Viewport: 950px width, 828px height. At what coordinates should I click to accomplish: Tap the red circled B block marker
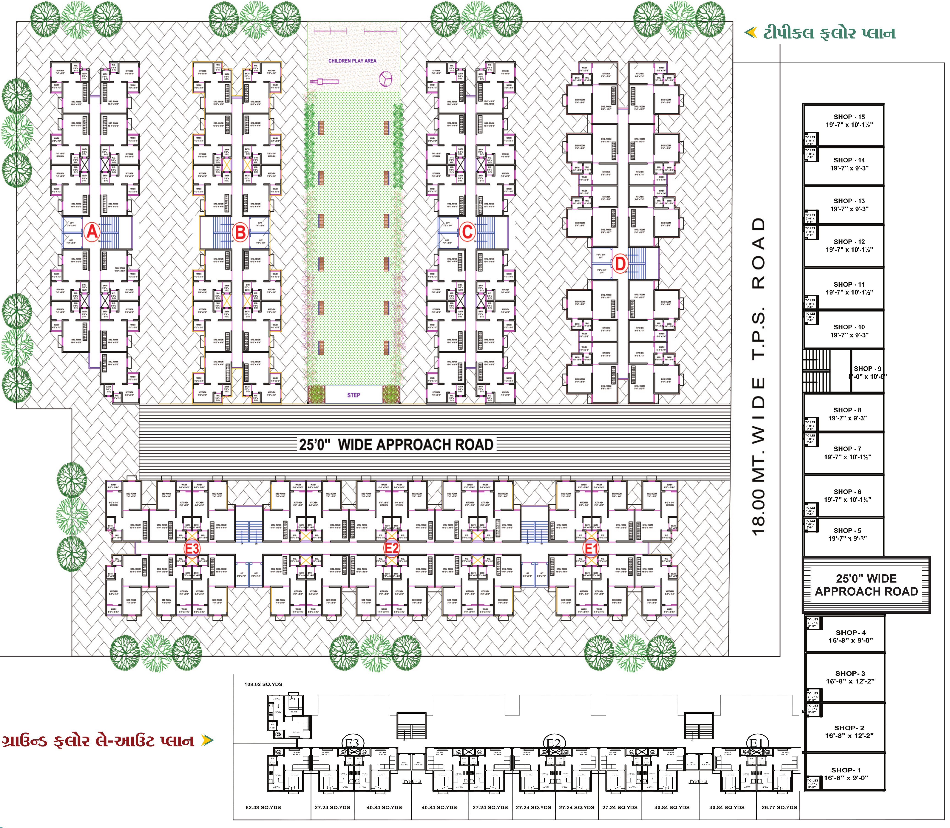240,232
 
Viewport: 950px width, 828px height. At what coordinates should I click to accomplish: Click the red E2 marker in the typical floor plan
392,548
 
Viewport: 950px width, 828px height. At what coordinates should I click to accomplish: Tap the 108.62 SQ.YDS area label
263,684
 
